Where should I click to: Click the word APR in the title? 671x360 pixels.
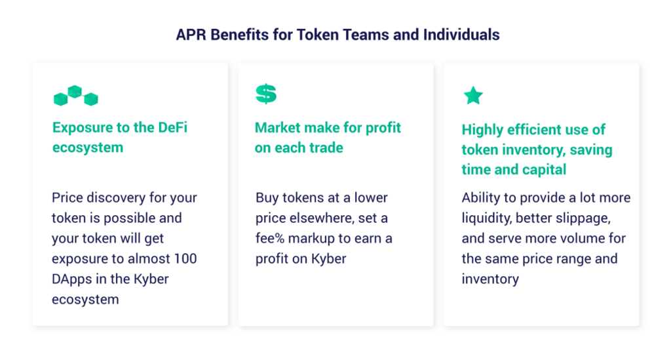pos(191,35)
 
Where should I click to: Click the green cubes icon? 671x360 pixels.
pos(76,95)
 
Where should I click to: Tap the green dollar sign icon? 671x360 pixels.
pos(266,94)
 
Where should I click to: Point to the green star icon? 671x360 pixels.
pos(473,96)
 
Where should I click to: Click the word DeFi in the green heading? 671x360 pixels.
pos(172,128)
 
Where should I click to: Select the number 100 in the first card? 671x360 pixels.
pos(185,258)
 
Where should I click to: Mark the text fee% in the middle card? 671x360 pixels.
pos(270,238)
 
